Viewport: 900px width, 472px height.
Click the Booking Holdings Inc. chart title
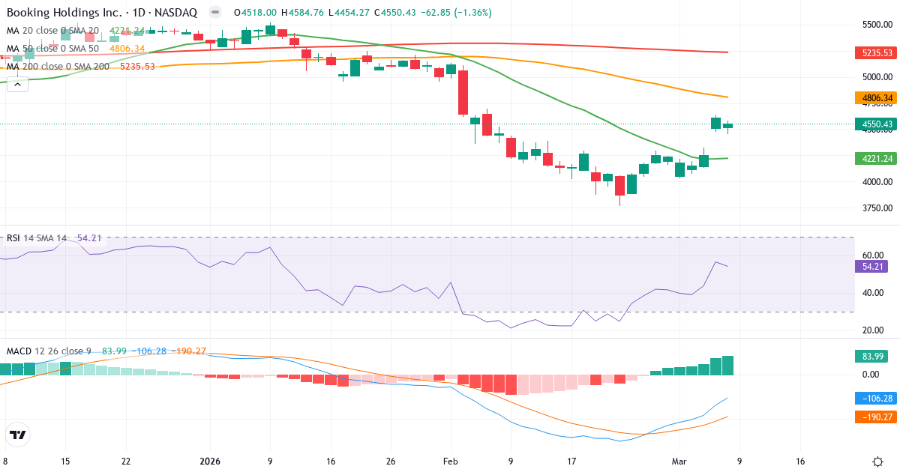pos(101,13)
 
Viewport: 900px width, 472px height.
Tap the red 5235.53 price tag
pos(875,52)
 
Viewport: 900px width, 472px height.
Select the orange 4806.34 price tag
pos(875,98)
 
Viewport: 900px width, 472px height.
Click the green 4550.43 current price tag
pos(875,124)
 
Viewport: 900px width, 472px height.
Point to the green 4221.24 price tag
pos(875,158)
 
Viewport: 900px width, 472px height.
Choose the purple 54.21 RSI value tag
pos(870,266)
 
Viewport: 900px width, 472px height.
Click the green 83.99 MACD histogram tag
pos(870,357)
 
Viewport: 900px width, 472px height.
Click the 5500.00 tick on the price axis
pos(876,25)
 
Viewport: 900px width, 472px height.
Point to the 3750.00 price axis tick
pos(876,208)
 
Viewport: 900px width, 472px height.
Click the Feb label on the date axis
pos(450,462)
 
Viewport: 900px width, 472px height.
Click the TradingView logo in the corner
pos(18,435)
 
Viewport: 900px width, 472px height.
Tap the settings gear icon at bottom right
pos(877,462)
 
